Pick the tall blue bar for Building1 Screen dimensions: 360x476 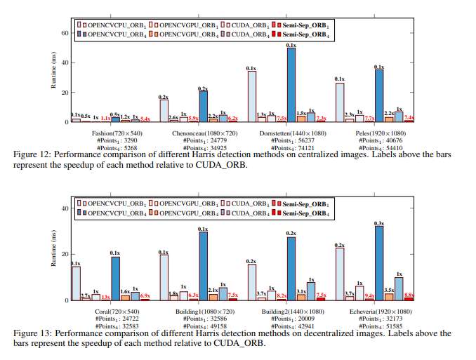pos(203,265)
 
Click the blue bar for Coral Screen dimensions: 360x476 pos(115,278)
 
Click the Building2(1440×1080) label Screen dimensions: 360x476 pos(291,309)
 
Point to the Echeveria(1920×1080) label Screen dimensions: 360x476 pos(380,309)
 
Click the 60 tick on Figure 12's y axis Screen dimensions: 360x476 pos(65,32)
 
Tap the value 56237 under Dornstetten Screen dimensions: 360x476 pos(303,140)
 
